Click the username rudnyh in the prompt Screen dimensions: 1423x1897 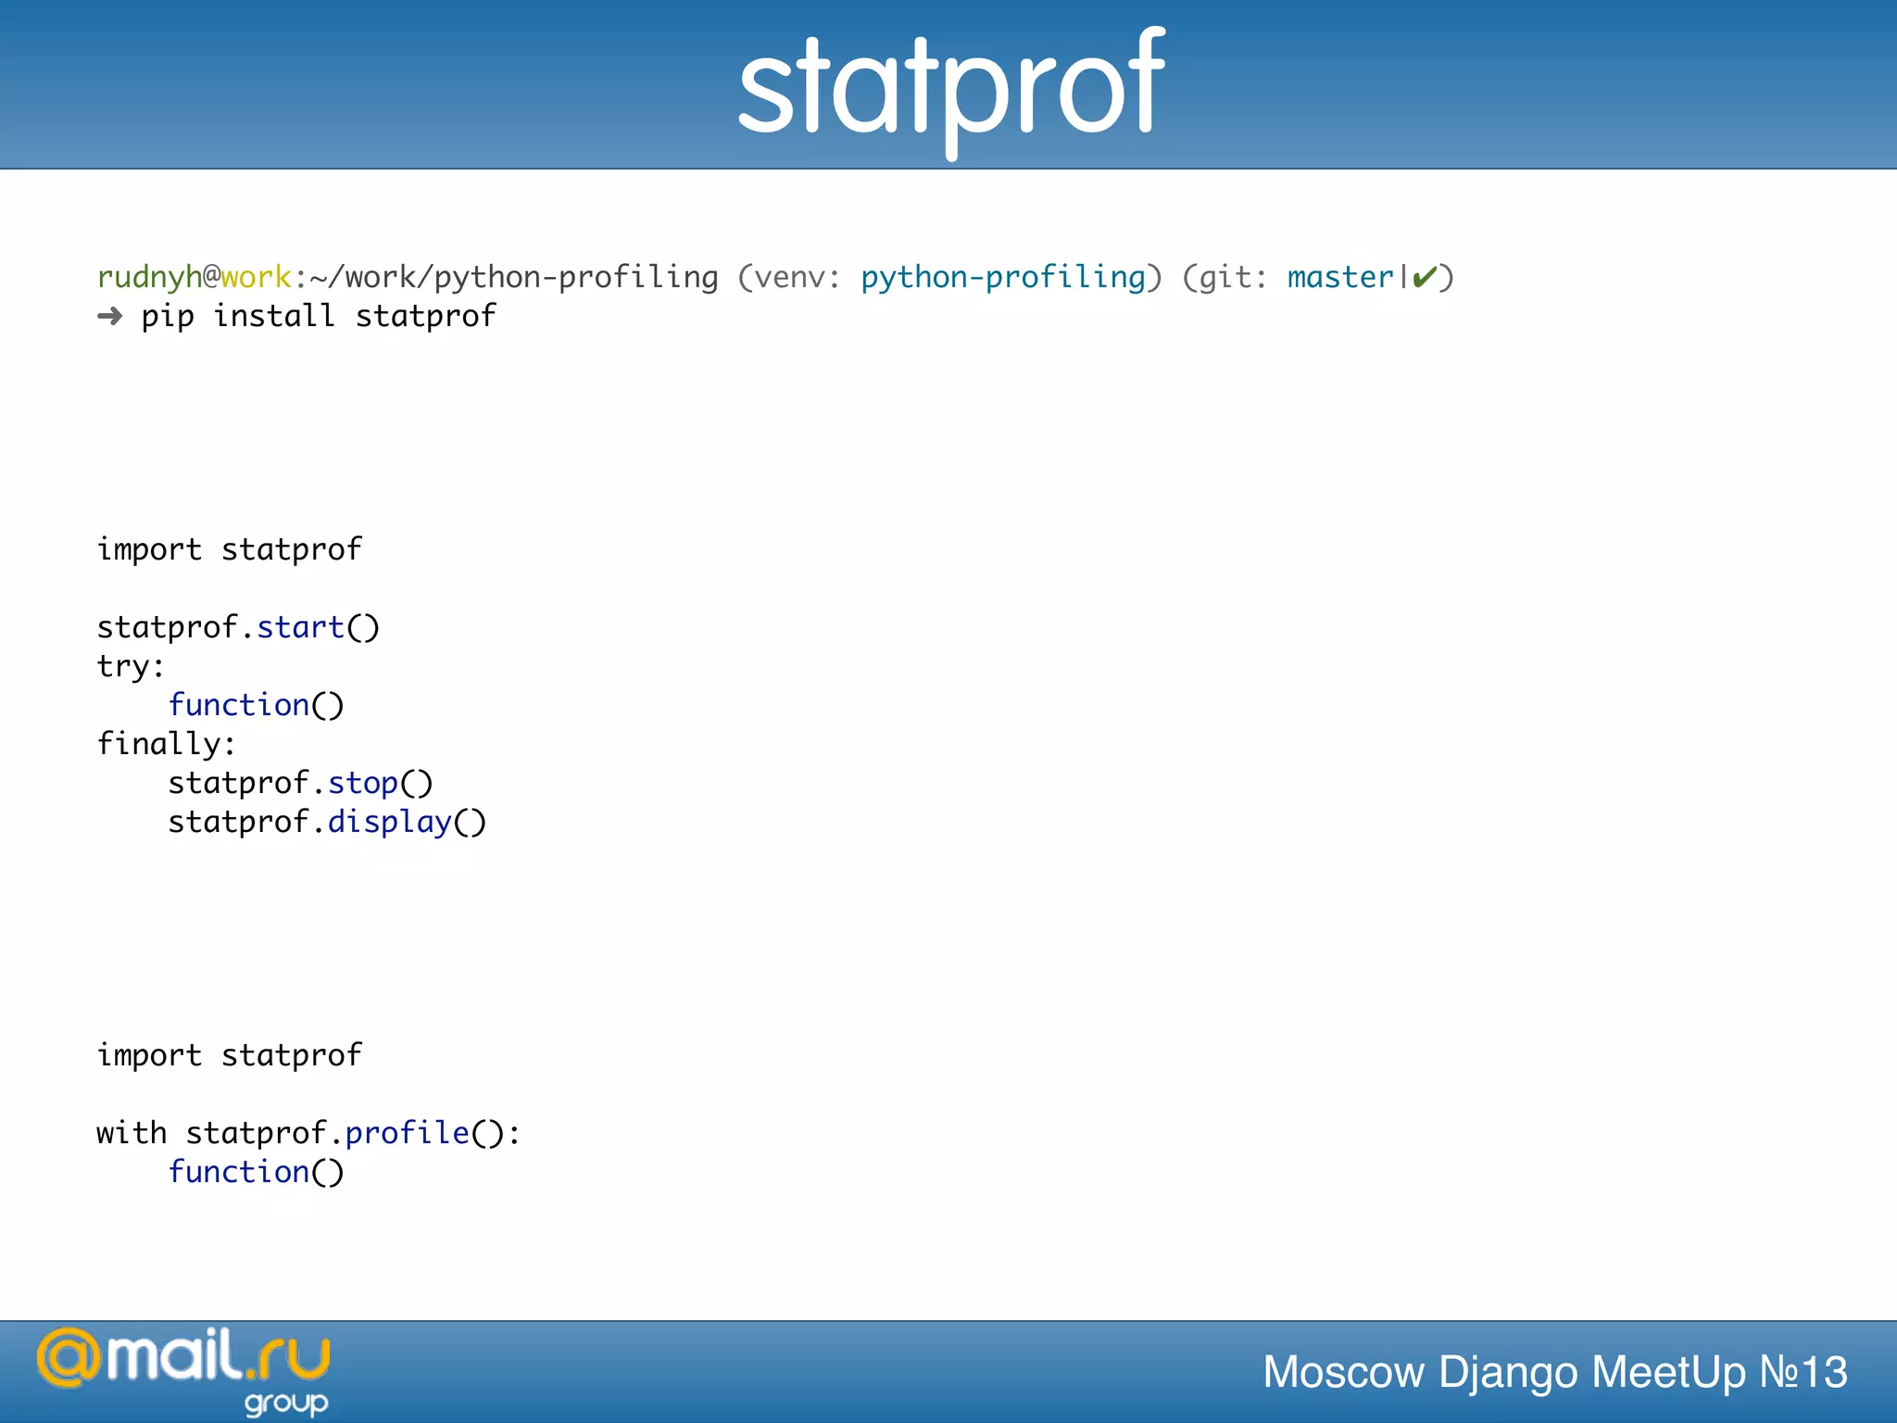pyautogui.click(x=149, y=277)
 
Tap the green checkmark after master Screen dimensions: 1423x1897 pyautogui.click(x=1425, y=277)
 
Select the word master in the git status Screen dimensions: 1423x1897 pyautogui.click(x=1340, y=277)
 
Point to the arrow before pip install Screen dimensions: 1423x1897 pyautogui.click(x=110, y=317)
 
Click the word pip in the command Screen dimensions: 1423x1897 pyautogui.click(x=168, y=317)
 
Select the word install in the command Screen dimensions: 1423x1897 pyautogui.click(x=274, y=317)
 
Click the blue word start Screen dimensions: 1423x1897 pyautogui.click(x=300, y=628)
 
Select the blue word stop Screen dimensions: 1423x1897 pyautogui.click(x=363, y=784)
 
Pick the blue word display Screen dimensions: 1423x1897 pyautogui.click(x=389, y=823)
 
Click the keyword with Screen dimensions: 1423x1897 pyautogui.click(x=132, y=1134)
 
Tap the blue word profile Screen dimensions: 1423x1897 pyautogui.click(x=408, y=1134)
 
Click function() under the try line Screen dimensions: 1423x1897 pyautogui.click(x=256, y=706)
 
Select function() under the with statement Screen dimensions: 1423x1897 pyautogui.click(x=256, y=1173)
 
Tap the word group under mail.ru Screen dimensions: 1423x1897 pyautogui.click(x=286, y=1404)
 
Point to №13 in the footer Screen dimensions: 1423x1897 pyautogui.click(x=1803, y=1372)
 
